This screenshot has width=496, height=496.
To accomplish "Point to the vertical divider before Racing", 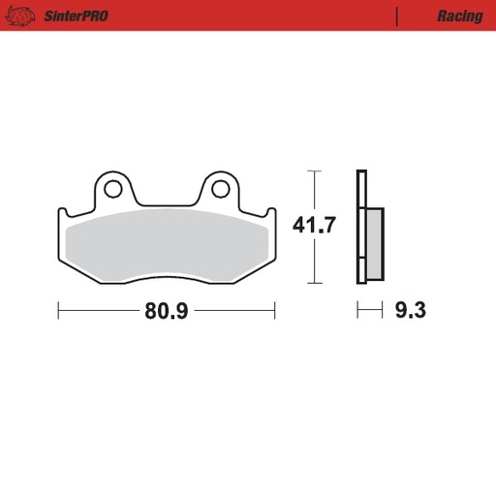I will (397, 16).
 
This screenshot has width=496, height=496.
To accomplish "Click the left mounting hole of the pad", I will (113, 187).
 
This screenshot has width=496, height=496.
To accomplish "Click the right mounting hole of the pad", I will (221, 187).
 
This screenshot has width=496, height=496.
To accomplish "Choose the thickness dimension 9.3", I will (410, 311).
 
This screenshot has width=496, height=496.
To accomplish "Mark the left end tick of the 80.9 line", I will (59, 311).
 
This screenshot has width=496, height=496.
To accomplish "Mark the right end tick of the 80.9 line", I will (276, 311).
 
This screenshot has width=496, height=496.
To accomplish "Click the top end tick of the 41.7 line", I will (313, 170).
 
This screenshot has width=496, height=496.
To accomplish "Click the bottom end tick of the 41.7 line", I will (313, 284).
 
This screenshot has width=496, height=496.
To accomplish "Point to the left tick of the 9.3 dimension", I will (357, 311).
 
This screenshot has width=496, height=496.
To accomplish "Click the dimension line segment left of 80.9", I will (97, 311).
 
